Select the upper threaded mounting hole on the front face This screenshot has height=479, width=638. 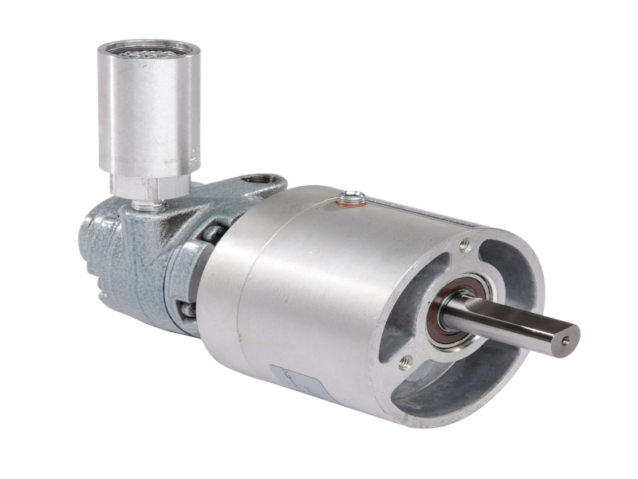(465, 245)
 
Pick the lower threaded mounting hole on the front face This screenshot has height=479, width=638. (404, 363)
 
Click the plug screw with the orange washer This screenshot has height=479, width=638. (352, 197)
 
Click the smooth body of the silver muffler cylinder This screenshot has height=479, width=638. (144, 112)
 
